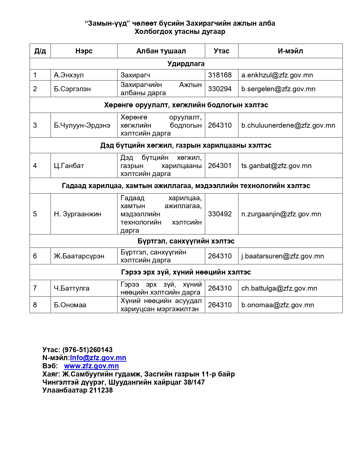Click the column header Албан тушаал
pos(161,51)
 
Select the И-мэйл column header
pos(290,51)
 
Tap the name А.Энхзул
pos(69,75)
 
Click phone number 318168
pos(220,75)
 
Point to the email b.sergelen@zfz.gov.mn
pos(278,89)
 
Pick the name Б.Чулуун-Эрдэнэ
pos(82,125)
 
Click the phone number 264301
pos(220,166)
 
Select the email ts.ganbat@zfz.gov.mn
pos(276,166)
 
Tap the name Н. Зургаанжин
pos(78,214)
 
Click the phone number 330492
pos(220,214)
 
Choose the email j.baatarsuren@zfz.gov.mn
pos(282,256)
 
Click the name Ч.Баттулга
pos(72,288)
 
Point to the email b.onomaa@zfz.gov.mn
pos(278,305)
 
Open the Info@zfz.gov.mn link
pos(98,358)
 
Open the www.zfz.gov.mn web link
pos(91,366)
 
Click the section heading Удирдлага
pos(186,64)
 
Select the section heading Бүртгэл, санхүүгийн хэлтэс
pos(186,241)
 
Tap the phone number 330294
pos(220,89)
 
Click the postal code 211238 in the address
pos(101,390)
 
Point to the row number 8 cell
pos(35,305)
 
